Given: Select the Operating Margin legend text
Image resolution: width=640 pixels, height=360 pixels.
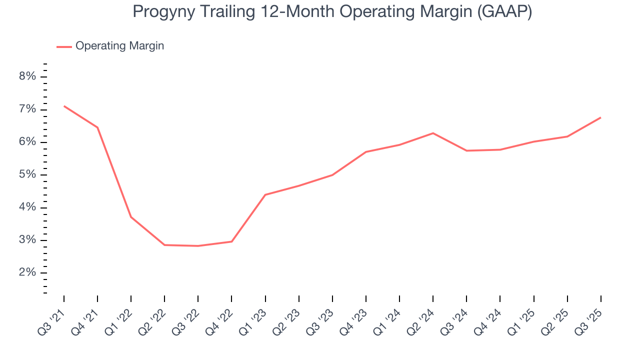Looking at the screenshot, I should point(119,46).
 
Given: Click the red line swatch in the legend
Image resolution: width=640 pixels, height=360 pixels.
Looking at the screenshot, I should point(64,46).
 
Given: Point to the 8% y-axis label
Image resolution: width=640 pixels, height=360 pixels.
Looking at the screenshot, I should point(27,76).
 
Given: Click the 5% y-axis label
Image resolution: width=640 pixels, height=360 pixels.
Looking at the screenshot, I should point(27,175).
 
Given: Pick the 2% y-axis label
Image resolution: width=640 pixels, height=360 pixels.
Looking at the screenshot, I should point(27,273).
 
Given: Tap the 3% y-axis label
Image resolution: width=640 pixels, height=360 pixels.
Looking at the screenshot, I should point(27,240).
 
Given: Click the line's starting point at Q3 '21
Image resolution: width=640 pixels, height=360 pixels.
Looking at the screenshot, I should point(64,106).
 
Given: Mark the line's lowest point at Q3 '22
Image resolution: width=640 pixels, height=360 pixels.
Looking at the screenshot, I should point(198,246).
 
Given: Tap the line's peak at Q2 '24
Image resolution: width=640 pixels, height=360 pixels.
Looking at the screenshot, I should point(432,133).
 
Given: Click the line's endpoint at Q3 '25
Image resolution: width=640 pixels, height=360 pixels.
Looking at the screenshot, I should point(600,117).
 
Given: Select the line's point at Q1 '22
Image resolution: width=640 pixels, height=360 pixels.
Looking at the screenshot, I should point(131,217).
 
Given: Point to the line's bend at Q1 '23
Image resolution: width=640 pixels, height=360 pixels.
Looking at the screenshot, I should point(265,194).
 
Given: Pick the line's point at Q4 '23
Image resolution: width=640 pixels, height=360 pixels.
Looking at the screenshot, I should point(365,151).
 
